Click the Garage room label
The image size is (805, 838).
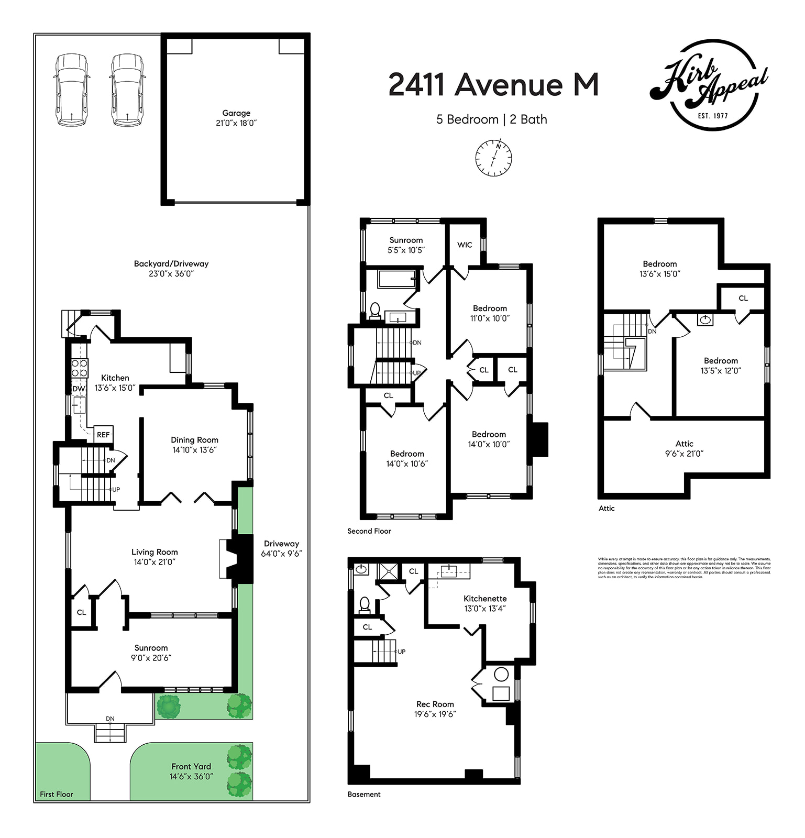[236, 113]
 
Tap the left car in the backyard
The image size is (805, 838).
[72, 90]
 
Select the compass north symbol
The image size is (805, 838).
[493, 158]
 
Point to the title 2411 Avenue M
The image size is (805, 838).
[493, 84]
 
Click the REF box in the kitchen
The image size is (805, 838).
[103, 434]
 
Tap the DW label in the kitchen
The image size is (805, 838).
[79, 389]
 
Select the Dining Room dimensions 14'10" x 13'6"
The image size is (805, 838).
[194, 450]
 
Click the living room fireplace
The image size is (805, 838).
[238, 559]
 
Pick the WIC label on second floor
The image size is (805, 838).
[465, 245]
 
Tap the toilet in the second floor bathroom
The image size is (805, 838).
[375, 311]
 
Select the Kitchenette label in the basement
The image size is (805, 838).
[485, 599]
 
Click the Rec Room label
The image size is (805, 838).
[435, 704]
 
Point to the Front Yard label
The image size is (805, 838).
[191, 767]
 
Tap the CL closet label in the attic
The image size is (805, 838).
[743, 298]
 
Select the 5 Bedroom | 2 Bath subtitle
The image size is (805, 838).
[491, 119]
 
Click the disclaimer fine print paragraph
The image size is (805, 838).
[684, 568]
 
